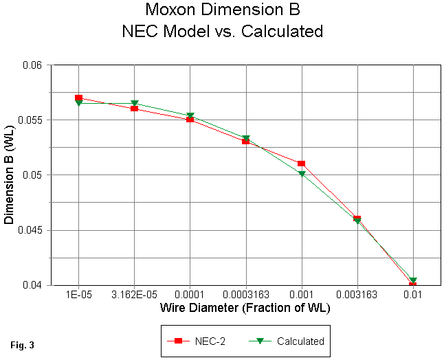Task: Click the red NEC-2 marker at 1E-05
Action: tap(79, 98)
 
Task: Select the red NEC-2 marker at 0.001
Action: tap(301, 164)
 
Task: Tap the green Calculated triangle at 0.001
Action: tap(301, 175)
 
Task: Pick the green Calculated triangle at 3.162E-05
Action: tap(135, 104)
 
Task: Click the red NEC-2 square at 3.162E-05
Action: tap(135, 109)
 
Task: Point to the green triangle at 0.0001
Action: tap(190, 116)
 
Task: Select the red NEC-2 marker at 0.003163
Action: tap(357, 218)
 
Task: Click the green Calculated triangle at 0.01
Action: tap(412, 280)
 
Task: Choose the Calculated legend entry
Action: tap(296, 340)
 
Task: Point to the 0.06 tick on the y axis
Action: tap(33, 65)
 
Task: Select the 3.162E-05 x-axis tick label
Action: tap(135, 295)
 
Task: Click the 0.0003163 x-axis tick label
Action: tap(245, 295)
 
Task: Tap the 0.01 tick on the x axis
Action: tap(412, 295)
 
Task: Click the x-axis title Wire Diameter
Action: tap(245, 308)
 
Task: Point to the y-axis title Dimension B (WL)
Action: tap(10, 175)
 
